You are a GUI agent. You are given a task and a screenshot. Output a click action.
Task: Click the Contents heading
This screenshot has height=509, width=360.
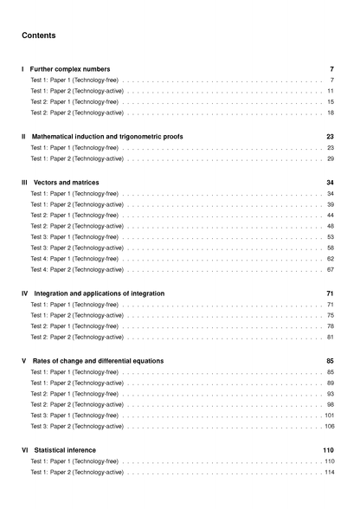pos(39,35)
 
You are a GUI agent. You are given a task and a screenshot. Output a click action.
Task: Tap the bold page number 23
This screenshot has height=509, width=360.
pos(330,137)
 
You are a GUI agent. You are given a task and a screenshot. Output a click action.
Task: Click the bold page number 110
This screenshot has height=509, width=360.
pos(328,450)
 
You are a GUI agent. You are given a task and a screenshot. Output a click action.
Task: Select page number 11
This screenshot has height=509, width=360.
pos(331,91)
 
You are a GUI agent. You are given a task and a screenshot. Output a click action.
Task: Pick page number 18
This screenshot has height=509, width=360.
pos(331,113)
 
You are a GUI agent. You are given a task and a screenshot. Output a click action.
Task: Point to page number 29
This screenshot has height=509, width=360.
pos(331,158)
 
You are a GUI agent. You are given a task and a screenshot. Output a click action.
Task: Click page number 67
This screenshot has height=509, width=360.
pos(331,269)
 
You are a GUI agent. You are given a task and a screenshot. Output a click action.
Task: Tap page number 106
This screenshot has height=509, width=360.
pos(329,426)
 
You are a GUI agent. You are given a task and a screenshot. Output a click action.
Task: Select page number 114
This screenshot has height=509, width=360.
pos(329,472)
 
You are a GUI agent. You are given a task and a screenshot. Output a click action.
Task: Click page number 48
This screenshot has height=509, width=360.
pos(331,226)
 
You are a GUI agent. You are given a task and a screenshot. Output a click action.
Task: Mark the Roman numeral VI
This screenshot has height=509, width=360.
pos(24,450)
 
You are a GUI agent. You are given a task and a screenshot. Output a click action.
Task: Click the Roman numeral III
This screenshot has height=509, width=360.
pos(24,183)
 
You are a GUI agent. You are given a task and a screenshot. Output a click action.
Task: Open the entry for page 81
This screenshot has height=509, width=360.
pos(77,337)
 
